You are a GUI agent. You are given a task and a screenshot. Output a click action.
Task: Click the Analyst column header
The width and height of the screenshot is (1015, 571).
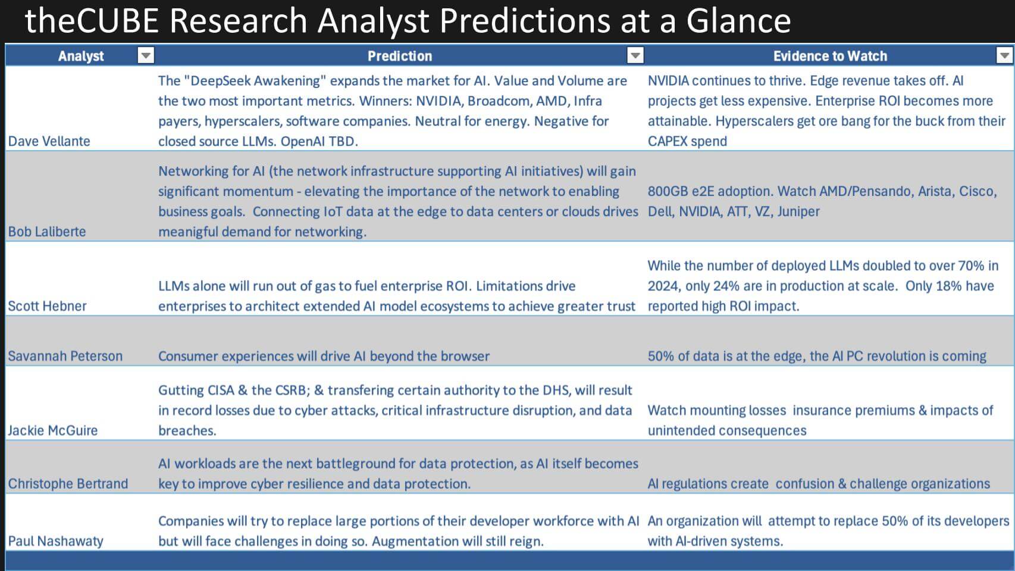[x=81, y=56]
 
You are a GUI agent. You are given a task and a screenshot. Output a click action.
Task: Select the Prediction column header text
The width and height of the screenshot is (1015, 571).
[x=399, y=56]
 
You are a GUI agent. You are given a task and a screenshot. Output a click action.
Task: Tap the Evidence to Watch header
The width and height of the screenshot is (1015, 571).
[x=829, y=56]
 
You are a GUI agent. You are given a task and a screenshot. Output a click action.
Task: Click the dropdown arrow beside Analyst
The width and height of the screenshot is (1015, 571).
[x=146, y=55]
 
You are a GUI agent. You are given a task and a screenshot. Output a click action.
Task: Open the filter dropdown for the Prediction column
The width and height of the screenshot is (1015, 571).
[x=635, y=55]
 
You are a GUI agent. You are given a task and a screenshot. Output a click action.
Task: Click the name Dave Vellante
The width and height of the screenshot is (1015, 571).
[x=49, y=141]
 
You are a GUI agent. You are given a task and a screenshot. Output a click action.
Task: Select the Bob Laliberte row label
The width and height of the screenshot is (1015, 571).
[x=46, y=232]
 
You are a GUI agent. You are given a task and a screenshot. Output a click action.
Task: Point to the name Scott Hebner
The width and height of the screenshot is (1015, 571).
[x=47, y=306]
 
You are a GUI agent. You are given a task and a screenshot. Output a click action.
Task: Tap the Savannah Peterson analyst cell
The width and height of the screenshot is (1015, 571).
[x=65, y=356]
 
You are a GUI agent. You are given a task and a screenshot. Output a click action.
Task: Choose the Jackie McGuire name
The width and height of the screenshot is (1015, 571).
[x=52, y=430]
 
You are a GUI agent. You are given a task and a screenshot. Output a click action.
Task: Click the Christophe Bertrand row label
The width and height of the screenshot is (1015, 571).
[x=68, y=483]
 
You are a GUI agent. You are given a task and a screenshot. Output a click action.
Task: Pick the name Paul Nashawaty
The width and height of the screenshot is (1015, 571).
[x=55, y=541]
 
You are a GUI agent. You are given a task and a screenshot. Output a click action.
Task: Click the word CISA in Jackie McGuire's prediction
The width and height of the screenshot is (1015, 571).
[x=212, y=391]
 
